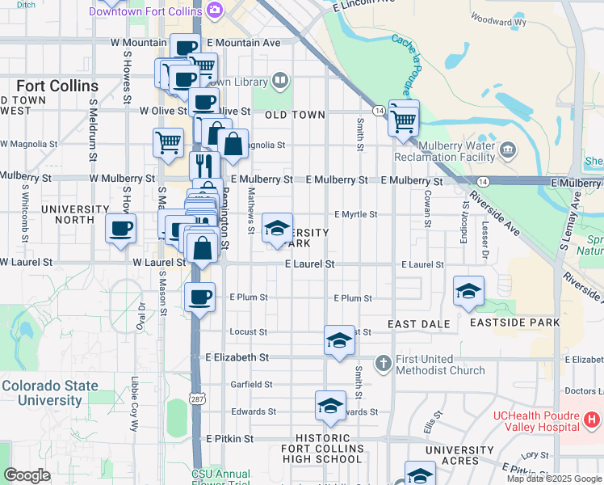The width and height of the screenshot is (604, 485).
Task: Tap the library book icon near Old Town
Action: pos(279,79)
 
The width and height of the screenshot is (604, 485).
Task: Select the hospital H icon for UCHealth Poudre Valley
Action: pos(592,420)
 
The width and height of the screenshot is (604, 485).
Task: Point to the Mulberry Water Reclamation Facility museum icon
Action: pos(508,149)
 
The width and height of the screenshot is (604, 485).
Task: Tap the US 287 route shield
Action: pos(196,399)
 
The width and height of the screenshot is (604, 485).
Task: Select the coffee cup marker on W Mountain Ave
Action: pos(185,48)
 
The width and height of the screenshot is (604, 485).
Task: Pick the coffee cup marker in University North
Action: pos(120,228)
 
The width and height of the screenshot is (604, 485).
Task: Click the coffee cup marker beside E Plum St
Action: pos(199,296)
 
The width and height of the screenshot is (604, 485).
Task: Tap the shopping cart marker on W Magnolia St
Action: pos(168,142)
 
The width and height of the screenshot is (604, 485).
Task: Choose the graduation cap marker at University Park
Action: pos(276,228)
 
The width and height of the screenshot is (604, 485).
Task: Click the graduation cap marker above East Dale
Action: pos(468,291)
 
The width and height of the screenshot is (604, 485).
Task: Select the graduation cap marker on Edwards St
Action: pos(330,405)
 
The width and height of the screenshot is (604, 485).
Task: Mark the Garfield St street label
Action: pos(247,385)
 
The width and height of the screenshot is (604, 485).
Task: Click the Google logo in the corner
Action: pos(27,475)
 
